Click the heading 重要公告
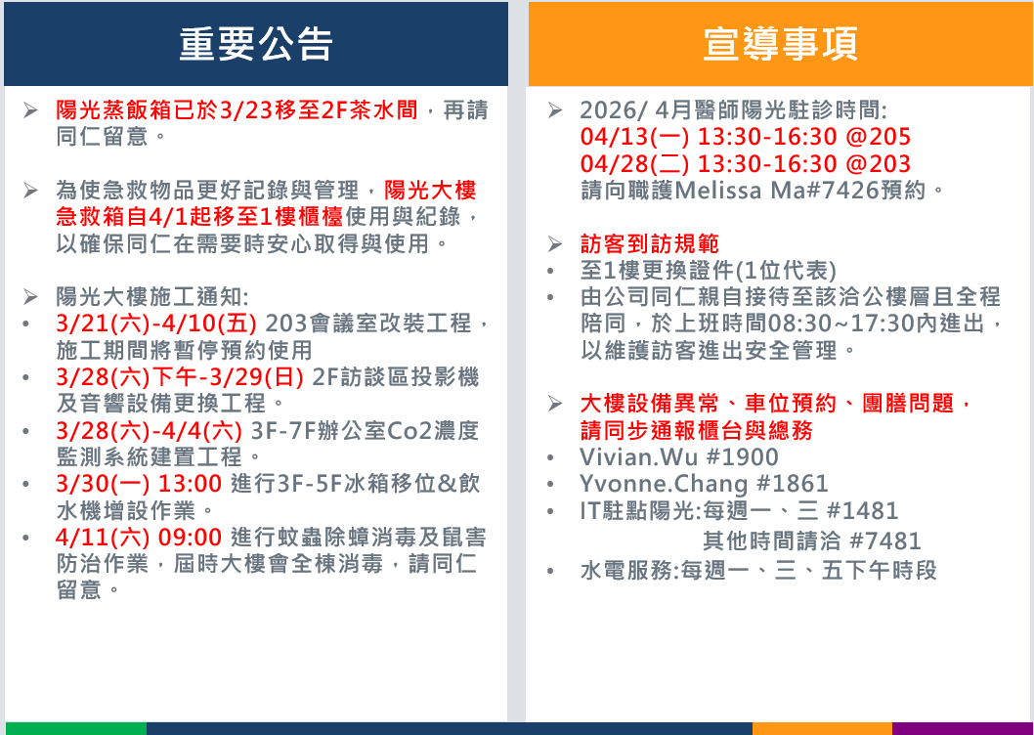256,44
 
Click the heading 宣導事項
780,44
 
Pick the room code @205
878,137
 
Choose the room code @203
878,163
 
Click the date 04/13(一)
635,137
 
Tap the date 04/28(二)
635,163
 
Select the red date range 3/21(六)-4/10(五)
156,324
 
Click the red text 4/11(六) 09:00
139,537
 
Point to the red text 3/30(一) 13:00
139,484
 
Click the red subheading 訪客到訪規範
650,244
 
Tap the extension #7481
885,541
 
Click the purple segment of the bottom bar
963,728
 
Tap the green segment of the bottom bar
76,728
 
